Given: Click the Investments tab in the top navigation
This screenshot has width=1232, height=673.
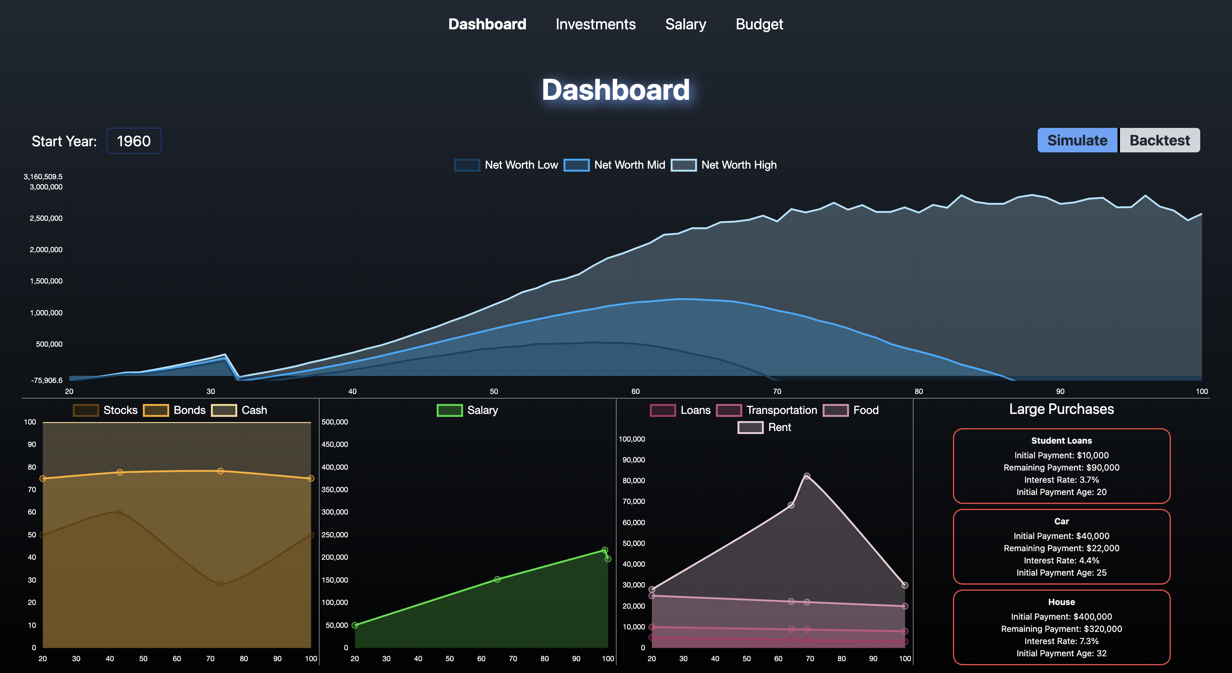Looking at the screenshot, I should tap(596, 24).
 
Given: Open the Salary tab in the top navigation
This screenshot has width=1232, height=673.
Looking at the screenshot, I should tap(685, 24).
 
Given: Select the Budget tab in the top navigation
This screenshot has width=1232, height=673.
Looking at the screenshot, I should tap(759, 24).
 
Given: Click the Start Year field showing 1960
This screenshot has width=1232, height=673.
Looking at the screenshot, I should tap(134, 141).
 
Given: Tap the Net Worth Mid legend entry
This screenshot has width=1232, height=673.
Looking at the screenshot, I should tap(615, 165).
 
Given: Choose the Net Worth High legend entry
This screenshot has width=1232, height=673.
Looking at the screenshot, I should tap(724, 165).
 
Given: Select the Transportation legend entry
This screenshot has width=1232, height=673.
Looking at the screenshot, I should tap(767, 410).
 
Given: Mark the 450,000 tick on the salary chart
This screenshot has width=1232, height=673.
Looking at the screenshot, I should tap(335, 444).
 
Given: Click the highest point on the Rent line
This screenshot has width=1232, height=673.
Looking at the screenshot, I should tap(807, 476).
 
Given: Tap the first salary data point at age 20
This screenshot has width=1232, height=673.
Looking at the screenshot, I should tap(355, 625).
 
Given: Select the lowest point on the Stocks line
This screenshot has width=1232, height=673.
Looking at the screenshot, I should tap(220, 583).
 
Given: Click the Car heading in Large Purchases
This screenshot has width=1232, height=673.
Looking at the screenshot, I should tap(1061, 521).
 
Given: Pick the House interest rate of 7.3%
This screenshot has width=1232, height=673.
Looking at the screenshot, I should tap(1061, 641).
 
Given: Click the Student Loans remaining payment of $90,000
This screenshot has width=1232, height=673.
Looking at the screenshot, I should tap(1061, 468).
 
